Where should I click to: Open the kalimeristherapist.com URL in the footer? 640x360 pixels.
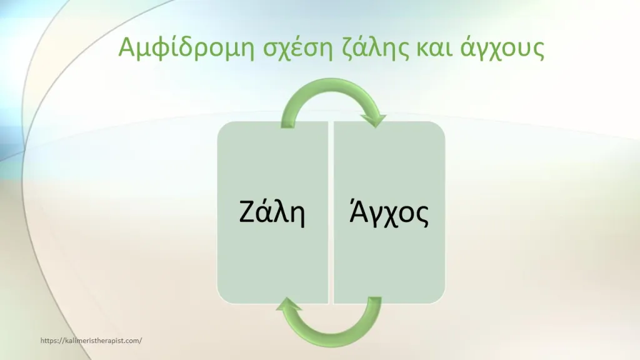coord(91,341)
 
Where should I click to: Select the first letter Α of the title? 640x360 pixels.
coord(126,47)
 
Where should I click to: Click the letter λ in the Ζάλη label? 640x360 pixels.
coord(281,212)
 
